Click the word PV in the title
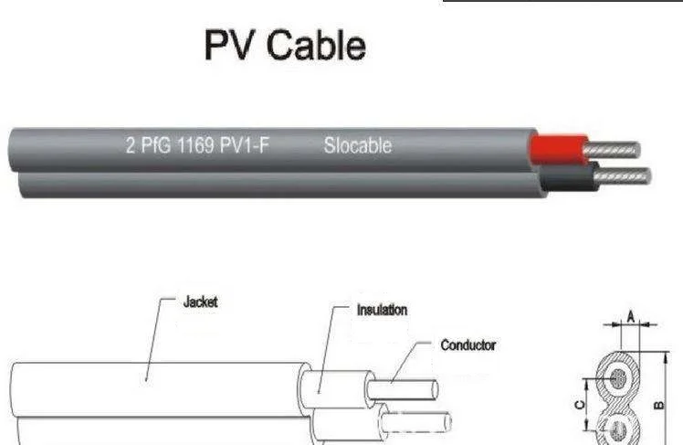click(227, 46)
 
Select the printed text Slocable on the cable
click(357, 145)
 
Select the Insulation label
click(382, 310)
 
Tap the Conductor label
click(468, 345)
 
